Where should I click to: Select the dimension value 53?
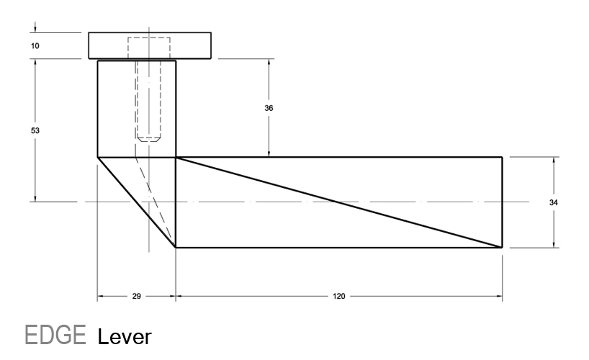click(x=35, y=131)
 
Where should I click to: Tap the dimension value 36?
click(x=269, y=108)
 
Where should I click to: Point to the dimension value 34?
click(x=553, y=203)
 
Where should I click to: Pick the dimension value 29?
click(x=137, y=296)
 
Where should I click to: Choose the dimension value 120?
click(x=338, y=296)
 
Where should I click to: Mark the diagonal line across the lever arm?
click(x=338, y=202)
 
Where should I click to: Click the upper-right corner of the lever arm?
click(x=502, y=157)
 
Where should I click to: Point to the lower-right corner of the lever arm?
click(x=502, y=247)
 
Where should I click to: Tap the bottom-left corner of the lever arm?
click(x=176, y=247)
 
